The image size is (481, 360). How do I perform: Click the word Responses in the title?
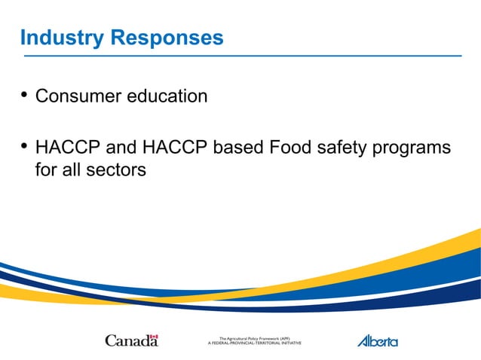[x=167, y=37]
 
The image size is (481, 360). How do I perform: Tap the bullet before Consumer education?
[x=24, y=95]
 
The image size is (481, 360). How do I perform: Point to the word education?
[x=170, y=96]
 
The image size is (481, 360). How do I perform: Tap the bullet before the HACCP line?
[x=24, y=146]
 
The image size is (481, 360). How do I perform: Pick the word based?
[x=238, y=148]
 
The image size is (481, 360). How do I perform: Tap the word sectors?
[x=117, y=170]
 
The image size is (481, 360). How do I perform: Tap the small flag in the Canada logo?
[x=154, y=337]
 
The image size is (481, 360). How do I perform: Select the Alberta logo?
[x=377, y=340]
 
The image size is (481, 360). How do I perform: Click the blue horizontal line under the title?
[x=241, y=56]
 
